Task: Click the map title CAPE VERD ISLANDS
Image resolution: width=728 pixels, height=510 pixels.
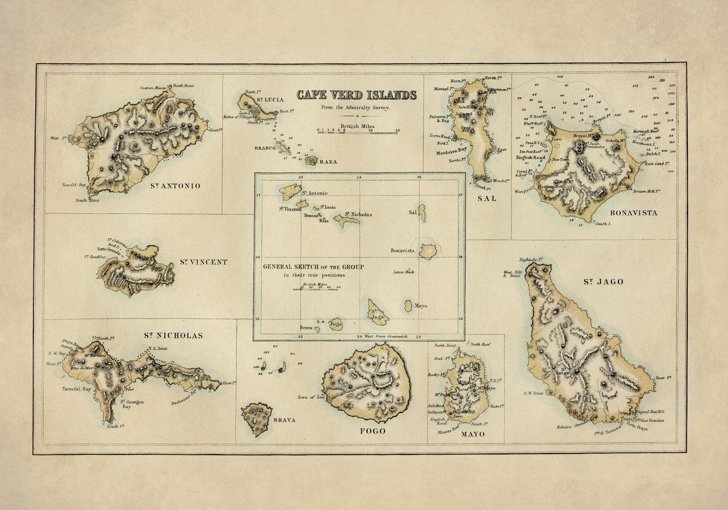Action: (356, 95)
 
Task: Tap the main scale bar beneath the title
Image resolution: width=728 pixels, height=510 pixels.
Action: (358, 130)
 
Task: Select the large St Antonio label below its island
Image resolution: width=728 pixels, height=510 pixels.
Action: (175, 186)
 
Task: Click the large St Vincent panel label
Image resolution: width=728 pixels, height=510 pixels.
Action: (204, 262)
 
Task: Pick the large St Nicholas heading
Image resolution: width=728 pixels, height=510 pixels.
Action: (173, 335)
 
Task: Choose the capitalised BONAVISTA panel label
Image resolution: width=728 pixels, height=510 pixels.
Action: (636, 213)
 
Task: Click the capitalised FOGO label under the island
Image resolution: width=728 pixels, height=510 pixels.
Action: (372, 431)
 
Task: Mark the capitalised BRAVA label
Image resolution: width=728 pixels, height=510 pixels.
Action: (284, 420)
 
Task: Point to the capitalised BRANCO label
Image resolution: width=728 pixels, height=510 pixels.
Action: (265, 148)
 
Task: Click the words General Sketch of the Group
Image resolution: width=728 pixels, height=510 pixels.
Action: (313, 267)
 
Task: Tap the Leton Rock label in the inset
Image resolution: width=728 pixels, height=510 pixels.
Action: (404, 272)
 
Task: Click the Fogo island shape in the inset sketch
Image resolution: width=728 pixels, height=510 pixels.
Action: (336, 325)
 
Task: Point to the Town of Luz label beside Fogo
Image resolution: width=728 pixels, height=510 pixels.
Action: (310, 397)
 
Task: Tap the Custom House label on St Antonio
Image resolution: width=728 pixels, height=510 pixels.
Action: (153, 88)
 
